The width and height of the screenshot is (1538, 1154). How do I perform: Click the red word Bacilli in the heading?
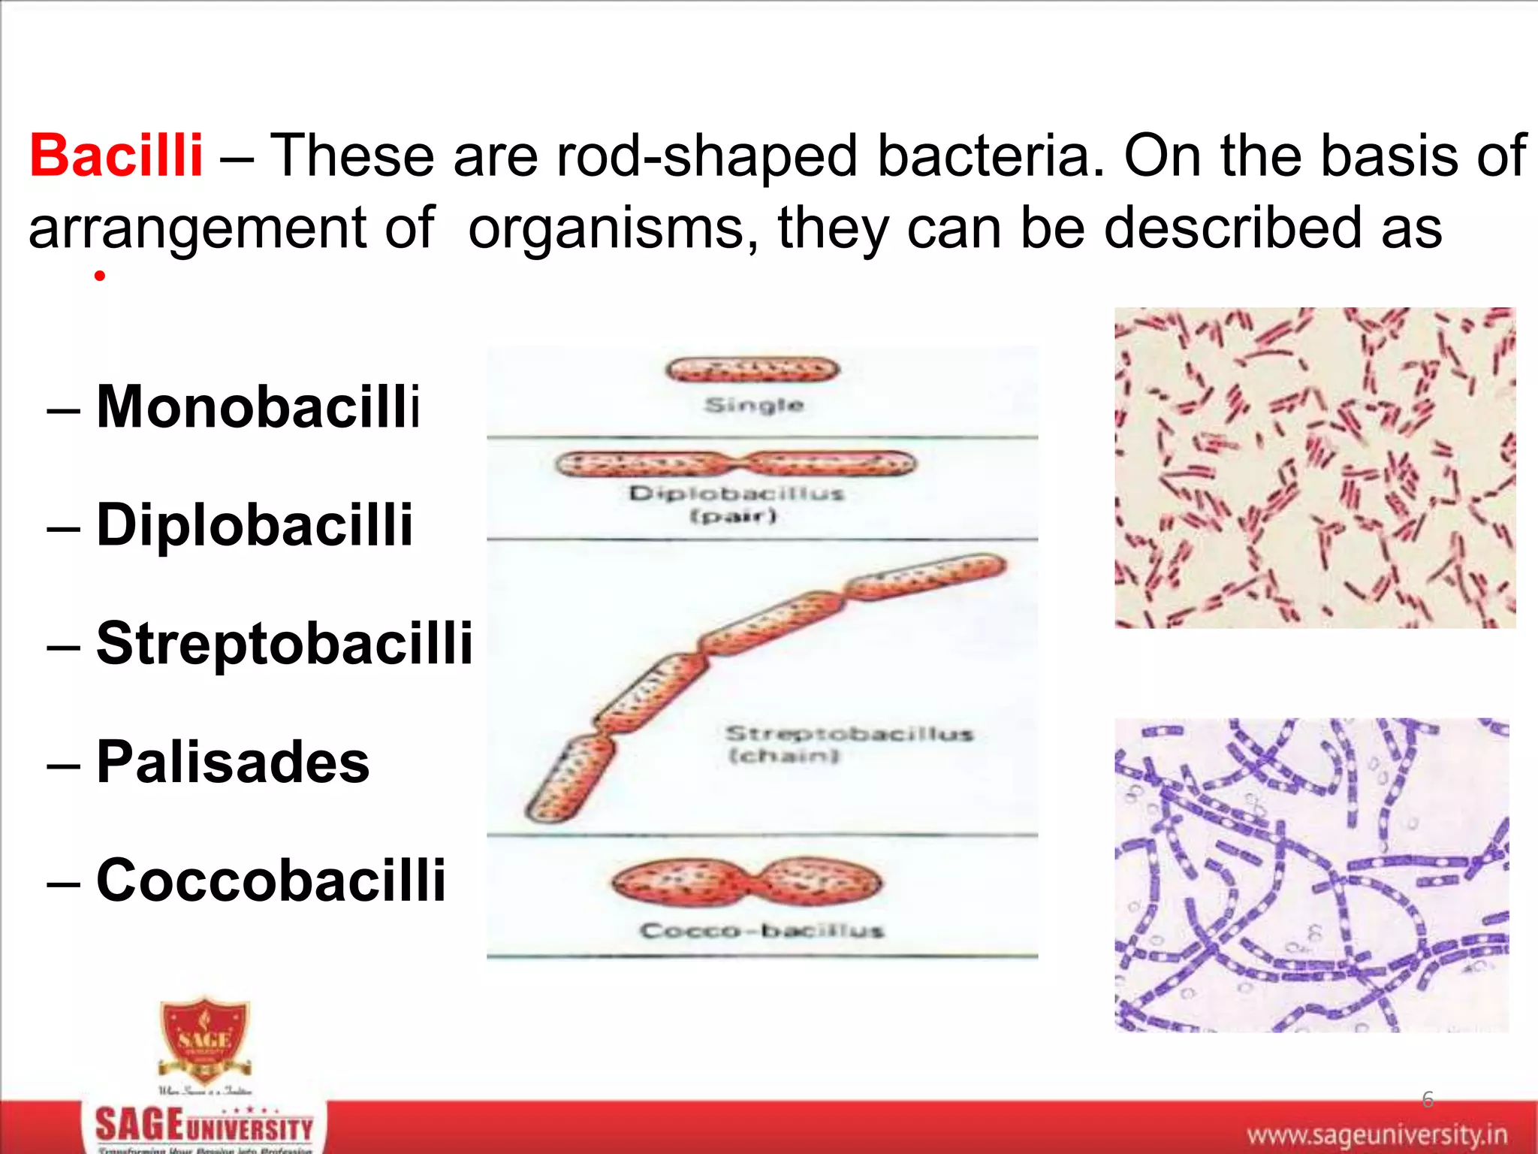pos(116,156)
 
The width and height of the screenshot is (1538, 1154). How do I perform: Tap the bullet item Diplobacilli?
pos(255,524)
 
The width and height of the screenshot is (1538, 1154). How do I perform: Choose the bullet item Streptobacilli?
pos(285,643)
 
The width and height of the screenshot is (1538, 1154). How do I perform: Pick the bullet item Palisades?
pos(233,762)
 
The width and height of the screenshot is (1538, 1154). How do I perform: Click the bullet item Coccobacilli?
pos(271,880)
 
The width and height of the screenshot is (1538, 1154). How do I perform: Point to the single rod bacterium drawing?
pos(752,369)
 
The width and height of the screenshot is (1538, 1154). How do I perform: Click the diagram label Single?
pos(754,406)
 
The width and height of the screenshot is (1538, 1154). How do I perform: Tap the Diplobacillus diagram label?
pos(736,494)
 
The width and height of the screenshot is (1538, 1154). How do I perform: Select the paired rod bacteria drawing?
pos(736,464)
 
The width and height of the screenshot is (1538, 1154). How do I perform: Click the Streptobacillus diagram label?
pos(849,733)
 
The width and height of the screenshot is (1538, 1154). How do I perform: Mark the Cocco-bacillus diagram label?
pos(761,931)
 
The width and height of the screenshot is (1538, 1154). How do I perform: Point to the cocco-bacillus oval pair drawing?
pos(746,881)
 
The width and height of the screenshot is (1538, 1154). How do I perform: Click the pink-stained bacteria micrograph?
pos(1315,467)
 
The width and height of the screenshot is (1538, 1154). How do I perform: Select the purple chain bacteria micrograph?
pos(1311,875)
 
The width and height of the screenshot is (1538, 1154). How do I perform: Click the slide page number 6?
pos(1428,1099)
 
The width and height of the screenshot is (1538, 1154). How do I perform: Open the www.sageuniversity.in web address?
pos(1377,1133)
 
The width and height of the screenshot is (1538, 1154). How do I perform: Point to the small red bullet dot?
pos(99,276)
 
